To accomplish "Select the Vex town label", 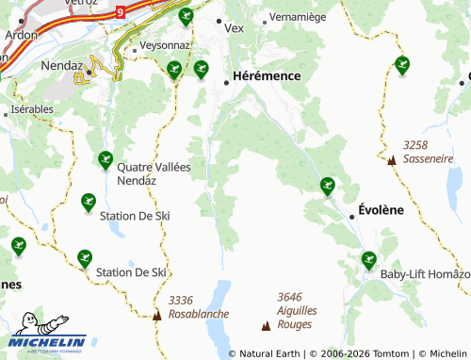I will (234, 27).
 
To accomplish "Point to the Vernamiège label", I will (297, 17).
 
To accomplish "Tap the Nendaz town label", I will (63, 67).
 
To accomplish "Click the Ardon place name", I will (21, 34).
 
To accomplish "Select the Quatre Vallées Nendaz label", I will (154, 173).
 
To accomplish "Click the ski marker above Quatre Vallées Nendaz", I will (106, 159).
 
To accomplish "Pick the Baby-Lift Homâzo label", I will (425, 274).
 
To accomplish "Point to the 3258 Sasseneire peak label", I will (428, 153).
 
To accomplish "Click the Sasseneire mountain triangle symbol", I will (392, 160).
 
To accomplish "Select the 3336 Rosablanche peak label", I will (193, 306).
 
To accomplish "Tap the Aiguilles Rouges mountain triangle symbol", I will (266, 326).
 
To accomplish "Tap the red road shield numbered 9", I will (121, 11).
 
